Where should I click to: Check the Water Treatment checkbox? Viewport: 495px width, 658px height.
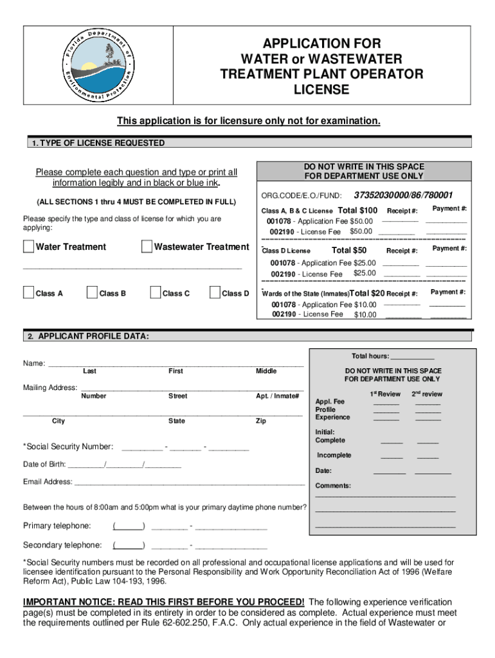[x=28, y=247]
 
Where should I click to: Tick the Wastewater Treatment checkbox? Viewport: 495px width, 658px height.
[x=147, y=247]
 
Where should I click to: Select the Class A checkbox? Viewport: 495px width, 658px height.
[x=28, y=293]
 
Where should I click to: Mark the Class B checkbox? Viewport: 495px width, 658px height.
[x=91, y=293]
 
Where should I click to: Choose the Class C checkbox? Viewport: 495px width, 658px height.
[x=154, y=293]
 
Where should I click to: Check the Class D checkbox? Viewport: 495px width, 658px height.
[x=214, y=293]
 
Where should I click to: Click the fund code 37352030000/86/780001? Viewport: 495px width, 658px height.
[x=403, y=195]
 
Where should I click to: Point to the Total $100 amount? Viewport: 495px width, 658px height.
[x=357, y=210]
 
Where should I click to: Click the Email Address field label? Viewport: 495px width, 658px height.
[x=48, y=482]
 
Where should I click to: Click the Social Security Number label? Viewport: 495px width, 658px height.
[x=68, y=447]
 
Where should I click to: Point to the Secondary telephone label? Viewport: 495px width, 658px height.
[x=62, y=545]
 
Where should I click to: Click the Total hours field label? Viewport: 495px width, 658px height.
[x=370, y=356]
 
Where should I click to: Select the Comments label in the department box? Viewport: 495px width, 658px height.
[x=332, y=486]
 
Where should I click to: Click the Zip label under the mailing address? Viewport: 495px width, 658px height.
[x=260, y=421]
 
